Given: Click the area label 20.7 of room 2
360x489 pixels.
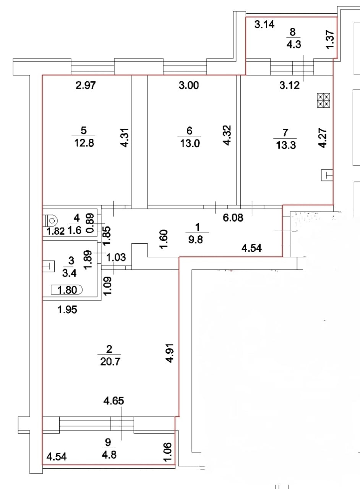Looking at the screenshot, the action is click(109, 361).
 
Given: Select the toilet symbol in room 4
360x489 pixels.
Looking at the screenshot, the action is click(50, 221).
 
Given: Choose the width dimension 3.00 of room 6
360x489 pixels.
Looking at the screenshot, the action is click(189, 86).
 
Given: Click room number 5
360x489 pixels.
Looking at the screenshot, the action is click(84, 130).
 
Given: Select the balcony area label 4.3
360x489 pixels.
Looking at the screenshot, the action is click(294, 44).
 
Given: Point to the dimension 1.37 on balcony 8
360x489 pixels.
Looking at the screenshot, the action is click(331, 39).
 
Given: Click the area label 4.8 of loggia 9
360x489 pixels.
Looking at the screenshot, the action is click(109, 455).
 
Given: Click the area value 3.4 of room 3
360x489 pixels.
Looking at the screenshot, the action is click(70, 273).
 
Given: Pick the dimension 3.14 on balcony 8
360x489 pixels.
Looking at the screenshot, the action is click(264, 26).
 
